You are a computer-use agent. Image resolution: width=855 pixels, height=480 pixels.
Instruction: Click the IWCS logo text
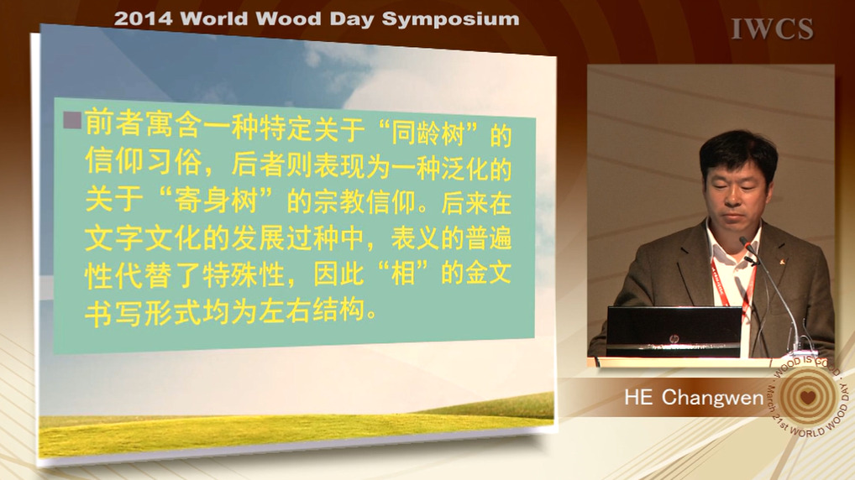tap(772, 29)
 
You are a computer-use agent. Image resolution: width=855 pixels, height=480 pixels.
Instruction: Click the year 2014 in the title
tap(144, 19)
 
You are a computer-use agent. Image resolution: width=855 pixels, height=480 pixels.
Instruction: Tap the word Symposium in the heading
tap(450, 19)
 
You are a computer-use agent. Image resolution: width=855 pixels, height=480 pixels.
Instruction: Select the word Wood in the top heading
tap(281, 19)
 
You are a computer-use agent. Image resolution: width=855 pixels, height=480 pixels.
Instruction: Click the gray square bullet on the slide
tap(72, 120)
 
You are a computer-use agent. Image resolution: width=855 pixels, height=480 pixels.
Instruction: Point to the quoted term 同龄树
tap(427, 133)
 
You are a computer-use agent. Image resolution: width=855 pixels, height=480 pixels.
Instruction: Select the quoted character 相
tap(403, 273)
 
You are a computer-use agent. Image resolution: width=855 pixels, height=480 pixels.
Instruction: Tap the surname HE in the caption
tap(638, 397)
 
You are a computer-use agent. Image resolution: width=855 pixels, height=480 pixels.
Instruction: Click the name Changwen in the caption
tap(713, 398)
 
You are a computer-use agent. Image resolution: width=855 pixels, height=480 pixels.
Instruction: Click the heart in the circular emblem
tap(808, 397)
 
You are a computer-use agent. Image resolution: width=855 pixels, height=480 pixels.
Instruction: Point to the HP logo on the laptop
tap(674, 339)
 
